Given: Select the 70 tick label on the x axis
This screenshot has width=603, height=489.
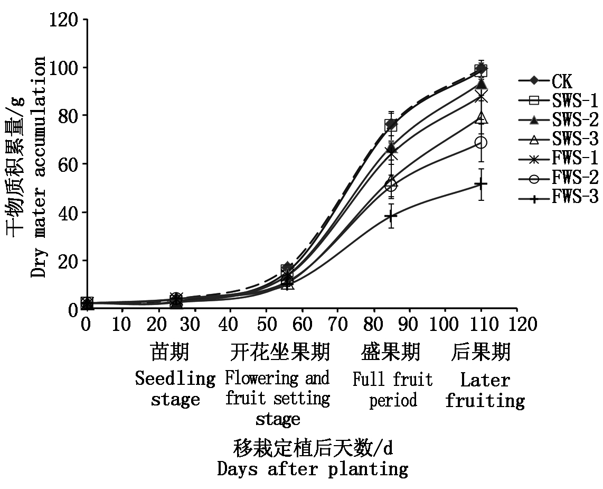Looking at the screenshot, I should (337, 324).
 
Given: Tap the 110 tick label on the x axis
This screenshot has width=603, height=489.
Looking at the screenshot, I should (480, 324).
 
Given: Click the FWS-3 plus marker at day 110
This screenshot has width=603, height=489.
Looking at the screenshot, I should (480, 184).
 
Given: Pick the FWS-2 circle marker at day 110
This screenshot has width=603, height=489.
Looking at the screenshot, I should (480, 143).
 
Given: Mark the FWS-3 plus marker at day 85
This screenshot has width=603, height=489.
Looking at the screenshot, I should (391, 216).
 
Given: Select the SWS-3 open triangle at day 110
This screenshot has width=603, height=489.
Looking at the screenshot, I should (480, 118).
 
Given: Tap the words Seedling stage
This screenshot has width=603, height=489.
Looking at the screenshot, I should (175, 389).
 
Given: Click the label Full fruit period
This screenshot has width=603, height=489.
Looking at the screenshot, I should (392, 390).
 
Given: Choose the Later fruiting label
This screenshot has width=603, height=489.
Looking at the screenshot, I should (485, 390).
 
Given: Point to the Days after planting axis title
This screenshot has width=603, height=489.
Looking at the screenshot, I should (313, 468).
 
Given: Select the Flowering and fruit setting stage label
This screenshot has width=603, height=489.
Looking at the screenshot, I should (278, 399).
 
